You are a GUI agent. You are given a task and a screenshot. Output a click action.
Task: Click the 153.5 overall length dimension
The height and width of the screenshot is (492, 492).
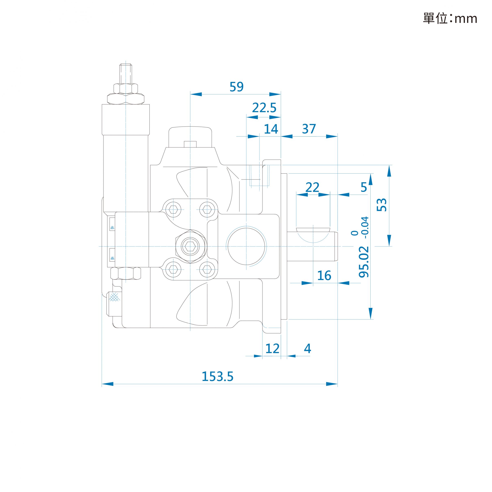coord(217,377)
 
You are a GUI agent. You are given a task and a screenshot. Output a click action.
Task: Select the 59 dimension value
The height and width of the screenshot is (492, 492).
coord(237,87)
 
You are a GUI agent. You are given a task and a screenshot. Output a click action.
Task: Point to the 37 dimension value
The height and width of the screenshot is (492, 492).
coord(309,129)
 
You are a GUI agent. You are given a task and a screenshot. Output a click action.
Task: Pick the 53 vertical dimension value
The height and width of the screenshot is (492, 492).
coord(382,205)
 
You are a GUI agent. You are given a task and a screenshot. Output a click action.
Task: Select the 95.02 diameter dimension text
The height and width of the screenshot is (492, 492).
coord(364,262)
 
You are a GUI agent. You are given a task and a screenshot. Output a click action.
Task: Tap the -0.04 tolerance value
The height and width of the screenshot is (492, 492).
coord(366,227)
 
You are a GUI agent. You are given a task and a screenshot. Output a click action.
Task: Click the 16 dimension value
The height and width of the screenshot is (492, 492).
coord(324,276)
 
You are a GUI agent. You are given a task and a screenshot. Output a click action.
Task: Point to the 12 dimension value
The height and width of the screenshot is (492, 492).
coord(272,349)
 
